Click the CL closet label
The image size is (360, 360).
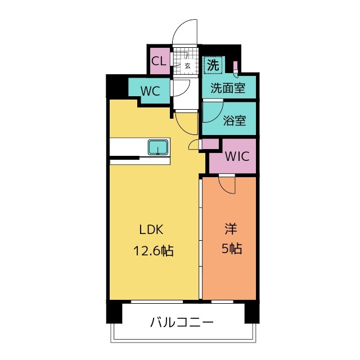(x=159, y=61)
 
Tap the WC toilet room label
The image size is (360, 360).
(x=150, y=91)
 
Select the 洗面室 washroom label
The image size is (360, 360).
(x=228, y=88)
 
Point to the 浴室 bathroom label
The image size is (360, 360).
(x=235, y=120)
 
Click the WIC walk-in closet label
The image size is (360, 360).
(x=237, y=156)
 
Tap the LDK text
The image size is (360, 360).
(x=151, y=229)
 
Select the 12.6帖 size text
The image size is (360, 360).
(x=153, y=251)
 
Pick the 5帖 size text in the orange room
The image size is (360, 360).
(x=231, y=249)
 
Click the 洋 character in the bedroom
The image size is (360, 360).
(x=231, y=229)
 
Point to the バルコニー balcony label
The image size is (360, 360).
(x=182, y=322)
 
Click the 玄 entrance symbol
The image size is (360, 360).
(x=187, y=66)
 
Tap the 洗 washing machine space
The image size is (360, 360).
(x=213, y=65)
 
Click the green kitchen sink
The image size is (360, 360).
(x=158, y=147)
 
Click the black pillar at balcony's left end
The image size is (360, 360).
(x=114, y=312)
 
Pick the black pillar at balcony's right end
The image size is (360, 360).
(x=252, y=312)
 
